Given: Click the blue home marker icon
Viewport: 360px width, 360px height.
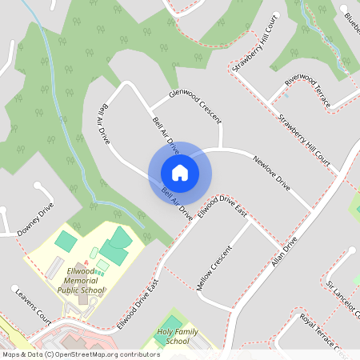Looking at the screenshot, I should (180, 172).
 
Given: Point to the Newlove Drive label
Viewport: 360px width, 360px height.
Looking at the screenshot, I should (271, 174).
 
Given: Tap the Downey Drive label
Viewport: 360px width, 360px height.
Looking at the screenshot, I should (36, 219).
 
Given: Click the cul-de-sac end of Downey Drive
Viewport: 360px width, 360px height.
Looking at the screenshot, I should (38, 186).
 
